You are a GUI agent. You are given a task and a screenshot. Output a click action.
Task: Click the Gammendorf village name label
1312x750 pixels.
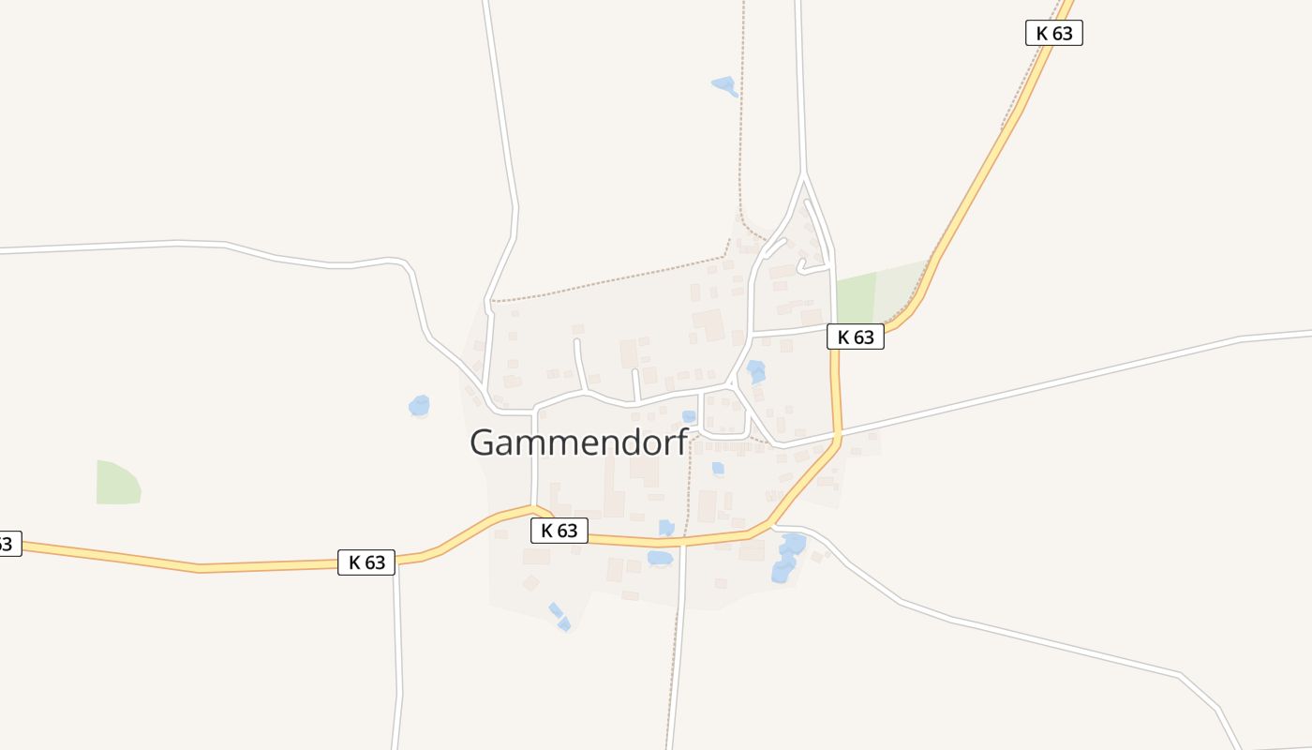[x=578, y=442]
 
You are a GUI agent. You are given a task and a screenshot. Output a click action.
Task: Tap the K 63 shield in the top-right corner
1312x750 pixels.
[x=1053, y=33]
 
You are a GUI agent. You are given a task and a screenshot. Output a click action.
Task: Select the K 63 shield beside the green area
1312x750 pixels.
[x=855, y=337]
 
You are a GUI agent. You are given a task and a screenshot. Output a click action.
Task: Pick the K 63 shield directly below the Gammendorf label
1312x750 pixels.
[x=559, y=531]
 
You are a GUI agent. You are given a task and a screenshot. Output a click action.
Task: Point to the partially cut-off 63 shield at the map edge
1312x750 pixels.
[x=7, y=543]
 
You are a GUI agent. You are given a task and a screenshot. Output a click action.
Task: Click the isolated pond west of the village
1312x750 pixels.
[x=419, y=406]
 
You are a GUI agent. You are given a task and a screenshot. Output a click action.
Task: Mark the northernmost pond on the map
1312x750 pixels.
[x=724, y=86]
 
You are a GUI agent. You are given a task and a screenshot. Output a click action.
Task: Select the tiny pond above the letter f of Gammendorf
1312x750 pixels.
[x=689, y=416]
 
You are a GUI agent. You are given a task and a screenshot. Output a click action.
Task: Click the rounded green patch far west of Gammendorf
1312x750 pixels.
[x=117, y=482]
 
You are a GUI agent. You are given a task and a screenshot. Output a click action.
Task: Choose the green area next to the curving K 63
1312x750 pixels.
[x=876, y=295]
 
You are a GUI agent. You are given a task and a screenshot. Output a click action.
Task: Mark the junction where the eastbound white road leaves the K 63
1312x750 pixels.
[x=840, y=434]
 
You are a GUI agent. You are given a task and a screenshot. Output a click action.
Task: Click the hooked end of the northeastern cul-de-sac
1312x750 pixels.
[x=801, y=269]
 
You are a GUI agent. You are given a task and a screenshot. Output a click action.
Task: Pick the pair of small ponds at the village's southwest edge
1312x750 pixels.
[x=559, y=616]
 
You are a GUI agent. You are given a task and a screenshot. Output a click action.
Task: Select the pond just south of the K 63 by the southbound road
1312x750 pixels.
[x=660, y=559]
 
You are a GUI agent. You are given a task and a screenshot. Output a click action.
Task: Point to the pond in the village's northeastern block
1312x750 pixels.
[x=755, y=371]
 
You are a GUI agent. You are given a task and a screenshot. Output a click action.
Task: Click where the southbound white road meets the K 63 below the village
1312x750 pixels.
[x=683, y=541]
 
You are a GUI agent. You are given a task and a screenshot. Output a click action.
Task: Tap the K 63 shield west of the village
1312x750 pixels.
[x=366, y=562]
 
